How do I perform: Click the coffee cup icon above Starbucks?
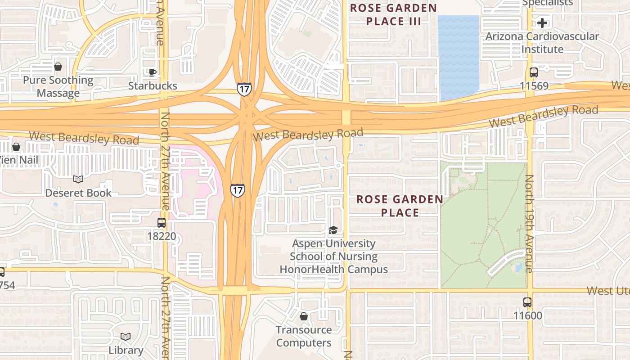tap(152, 72)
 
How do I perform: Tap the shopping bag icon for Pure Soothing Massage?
tap(58, 67)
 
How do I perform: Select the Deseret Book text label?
tap(78, 193)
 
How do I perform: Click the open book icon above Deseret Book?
tap(78, 180)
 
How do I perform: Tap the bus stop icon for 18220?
tap(161, 223)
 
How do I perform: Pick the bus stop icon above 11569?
tap(533, 72)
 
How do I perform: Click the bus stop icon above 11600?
tap(527, 302)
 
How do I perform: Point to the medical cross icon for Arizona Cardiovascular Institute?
tap(542, 22)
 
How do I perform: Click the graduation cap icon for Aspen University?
tap(333, 230)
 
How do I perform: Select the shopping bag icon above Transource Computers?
tap(304, 316)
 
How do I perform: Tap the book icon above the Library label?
tap(126, 337)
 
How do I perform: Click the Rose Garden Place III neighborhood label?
tap(393, 14)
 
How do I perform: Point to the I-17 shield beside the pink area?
tap(237, 190)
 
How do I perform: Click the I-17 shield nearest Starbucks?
tap(244, 89)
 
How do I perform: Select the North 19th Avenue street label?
tap(529, 224)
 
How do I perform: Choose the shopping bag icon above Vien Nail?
tap(16, 147)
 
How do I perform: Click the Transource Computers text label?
tap(304, 336)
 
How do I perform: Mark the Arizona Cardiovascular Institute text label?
tap(542, 42)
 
